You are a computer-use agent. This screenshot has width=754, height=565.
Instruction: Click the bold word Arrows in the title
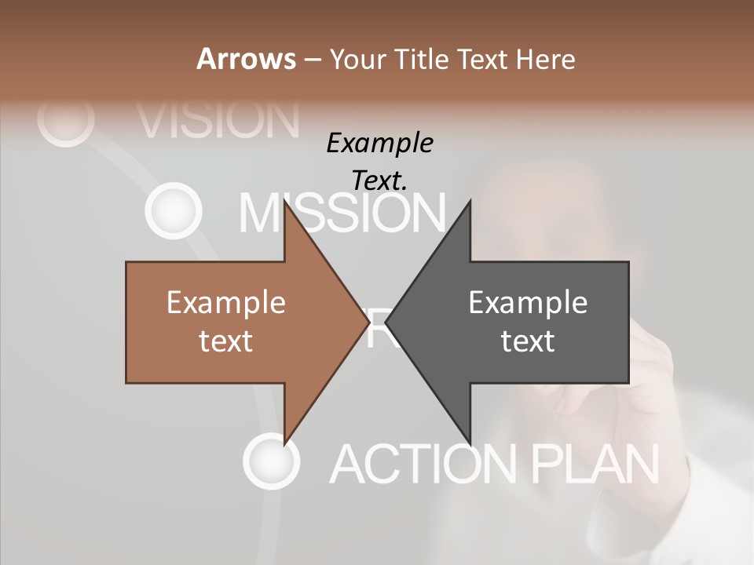pos(245,59)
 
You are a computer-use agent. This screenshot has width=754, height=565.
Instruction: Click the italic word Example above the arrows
pos(380,144)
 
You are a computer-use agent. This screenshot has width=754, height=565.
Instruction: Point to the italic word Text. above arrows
pos(380,180)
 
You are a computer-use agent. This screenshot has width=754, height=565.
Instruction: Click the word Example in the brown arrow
pos(226,302)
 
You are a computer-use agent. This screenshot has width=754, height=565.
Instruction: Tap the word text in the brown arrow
pos(226,341)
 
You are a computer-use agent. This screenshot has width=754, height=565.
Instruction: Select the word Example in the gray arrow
pos(528,302)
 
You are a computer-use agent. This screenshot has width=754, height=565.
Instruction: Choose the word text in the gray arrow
pos(528,341)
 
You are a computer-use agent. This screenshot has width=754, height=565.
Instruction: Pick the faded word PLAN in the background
pos(595,463)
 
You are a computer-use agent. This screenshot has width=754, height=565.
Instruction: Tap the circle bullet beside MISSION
pos(170,210)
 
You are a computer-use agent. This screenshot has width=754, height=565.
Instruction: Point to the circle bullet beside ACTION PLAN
pos(271,461)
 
